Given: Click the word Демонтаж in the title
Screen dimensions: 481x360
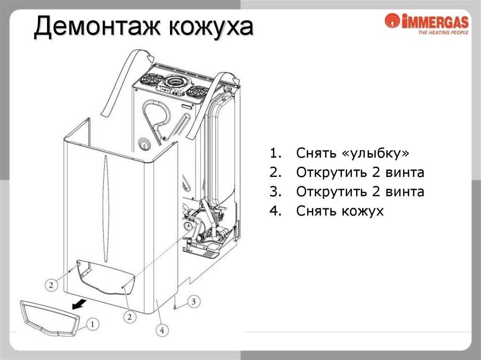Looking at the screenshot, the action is point(96,28).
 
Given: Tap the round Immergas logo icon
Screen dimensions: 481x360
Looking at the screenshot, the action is point(391,21).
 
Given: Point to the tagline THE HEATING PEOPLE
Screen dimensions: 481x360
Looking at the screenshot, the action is point(443,33).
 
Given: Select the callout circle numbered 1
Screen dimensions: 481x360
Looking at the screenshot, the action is point(93,323).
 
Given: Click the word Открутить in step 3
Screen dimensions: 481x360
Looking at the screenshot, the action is point(331,191).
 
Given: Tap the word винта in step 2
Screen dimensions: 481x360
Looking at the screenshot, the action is point(405,173).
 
